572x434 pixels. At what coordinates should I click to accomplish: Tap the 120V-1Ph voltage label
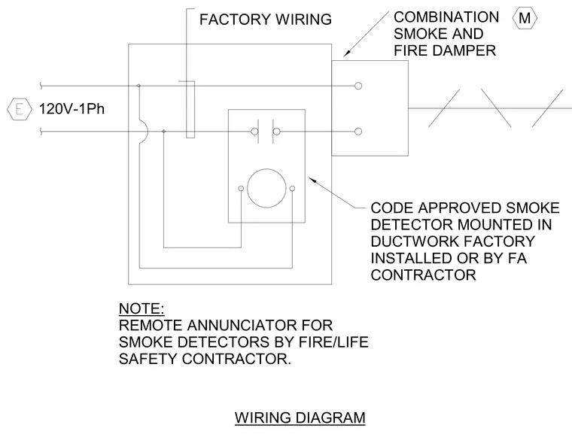(71, 108)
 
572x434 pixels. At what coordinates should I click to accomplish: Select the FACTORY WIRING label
(266, 20)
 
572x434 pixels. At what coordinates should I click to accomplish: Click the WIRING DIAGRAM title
(300, 417)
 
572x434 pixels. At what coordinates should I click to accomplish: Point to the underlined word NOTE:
(141, 308)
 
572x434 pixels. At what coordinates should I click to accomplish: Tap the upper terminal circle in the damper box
(358, 86)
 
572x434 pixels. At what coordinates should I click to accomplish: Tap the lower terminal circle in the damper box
(358, 132)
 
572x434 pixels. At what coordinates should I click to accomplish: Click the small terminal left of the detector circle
(241, 189)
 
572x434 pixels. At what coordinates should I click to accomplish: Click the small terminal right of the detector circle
(292, 189)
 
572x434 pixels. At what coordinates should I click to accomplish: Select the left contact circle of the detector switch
(254, 132)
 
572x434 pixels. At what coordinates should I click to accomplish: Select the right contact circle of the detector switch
(277, 132)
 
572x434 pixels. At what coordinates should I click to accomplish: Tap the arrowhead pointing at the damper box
(346, 53)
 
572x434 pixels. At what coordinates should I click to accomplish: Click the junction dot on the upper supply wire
(138, 86)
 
